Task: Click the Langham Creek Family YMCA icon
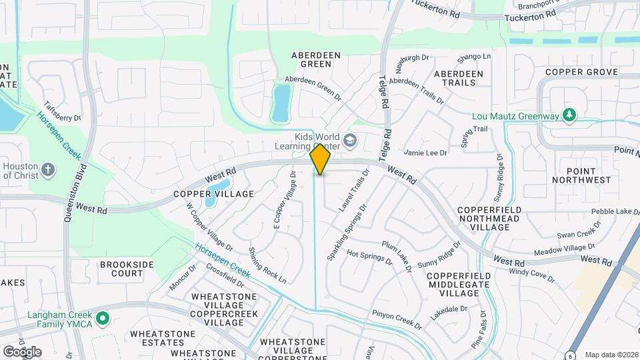(102, 318)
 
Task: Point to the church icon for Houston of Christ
(47, 169)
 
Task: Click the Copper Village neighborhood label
(205, 194)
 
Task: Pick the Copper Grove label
(577, 71)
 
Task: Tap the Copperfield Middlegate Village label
(459, 285)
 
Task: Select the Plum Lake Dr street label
(397, 255)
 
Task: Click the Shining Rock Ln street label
(267, 265)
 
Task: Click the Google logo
(22, 351)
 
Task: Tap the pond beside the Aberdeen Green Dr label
(281, 103)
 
